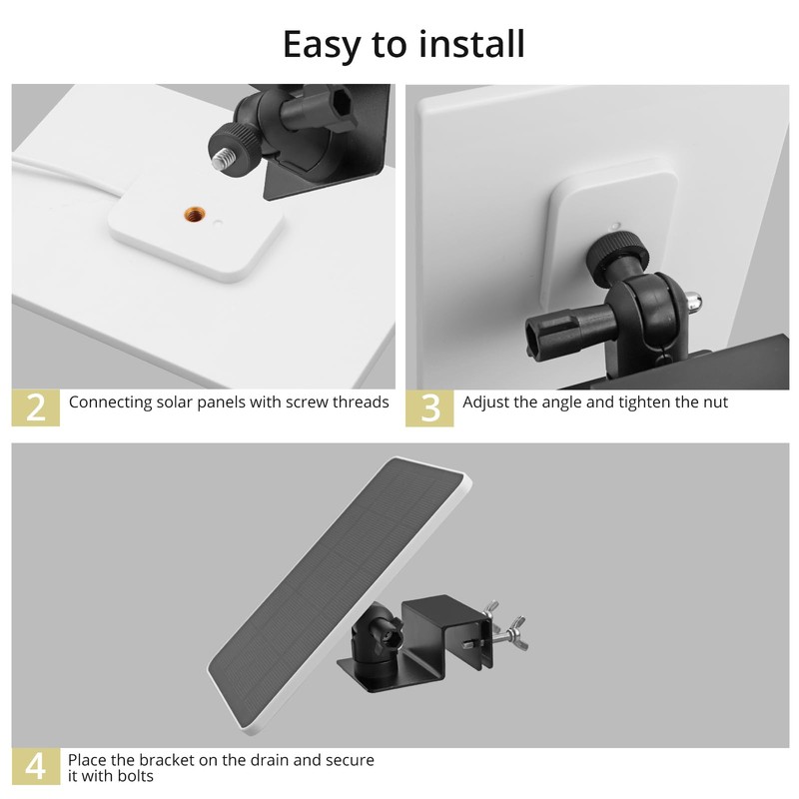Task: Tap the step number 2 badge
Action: pyautogui.click(x=35, y=407)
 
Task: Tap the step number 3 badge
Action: pyautogui.click(x=429, y=407)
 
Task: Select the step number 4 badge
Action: pyautogui.click(x=35, y=766)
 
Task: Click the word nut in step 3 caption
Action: pyautogui.click(x=715, y=402)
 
